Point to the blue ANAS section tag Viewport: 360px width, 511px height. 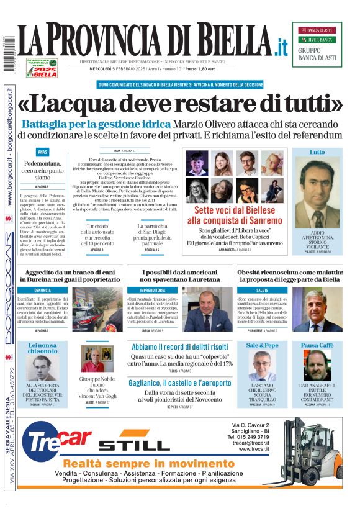[x=42, y=151]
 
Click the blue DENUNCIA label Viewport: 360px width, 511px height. [x=42, y=290]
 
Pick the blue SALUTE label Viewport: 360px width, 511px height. [x=262, y=290]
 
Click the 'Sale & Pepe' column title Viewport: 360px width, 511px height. [x=263, y=345]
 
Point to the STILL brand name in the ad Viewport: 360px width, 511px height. [x=133, y=445]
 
